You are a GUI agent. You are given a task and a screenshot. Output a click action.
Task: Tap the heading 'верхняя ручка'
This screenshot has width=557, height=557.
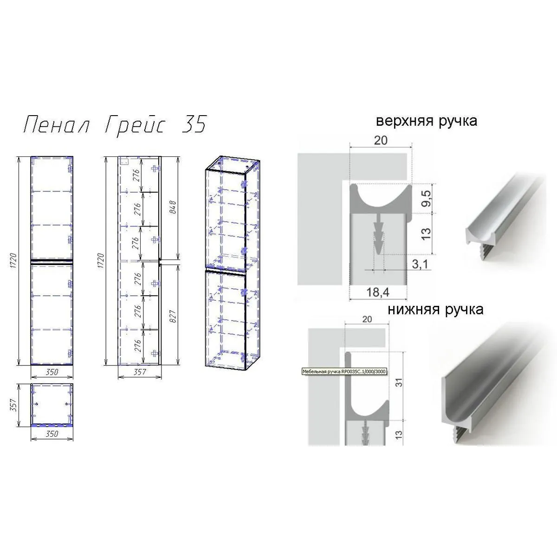point(426,121)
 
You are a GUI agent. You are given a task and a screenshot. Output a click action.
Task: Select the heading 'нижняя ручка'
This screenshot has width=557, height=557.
point(435,309)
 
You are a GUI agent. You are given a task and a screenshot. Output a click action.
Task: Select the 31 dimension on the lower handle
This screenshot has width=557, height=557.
point(399,382)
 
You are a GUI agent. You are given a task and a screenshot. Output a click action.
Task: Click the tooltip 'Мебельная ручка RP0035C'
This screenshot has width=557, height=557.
point(344,372)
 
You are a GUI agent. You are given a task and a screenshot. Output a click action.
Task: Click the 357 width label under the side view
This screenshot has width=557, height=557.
point(139,371)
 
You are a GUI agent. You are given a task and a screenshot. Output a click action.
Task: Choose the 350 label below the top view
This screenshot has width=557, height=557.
point(52,434)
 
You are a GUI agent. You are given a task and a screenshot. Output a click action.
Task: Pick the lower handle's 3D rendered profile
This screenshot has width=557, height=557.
point(492,390)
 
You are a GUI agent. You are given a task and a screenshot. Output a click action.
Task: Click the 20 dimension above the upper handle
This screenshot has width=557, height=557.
point(380,140)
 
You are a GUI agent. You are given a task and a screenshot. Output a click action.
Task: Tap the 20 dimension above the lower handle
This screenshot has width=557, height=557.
point(367,319)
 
